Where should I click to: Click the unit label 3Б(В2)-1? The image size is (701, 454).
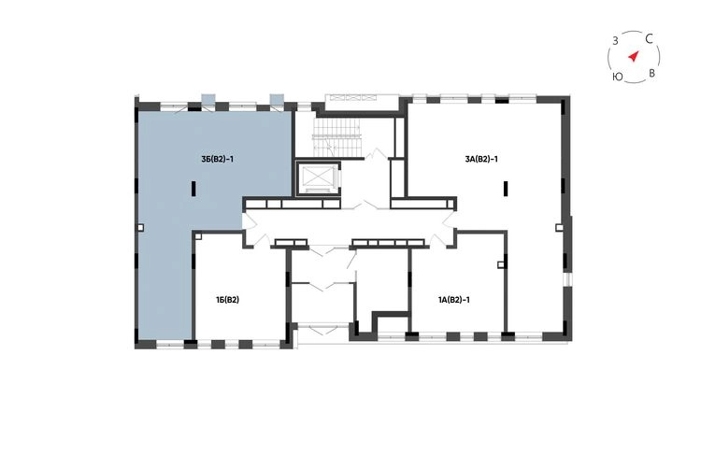coord(217,159)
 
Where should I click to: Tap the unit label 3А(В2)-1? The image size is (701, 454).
coord(481,159)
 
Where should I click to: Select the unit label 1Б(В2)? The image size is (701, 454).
coord(227,300)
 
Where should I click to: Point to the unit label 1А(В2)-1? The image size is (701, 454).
coord(453,300)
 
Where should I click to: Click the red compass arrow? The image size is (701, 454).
coord(633,56)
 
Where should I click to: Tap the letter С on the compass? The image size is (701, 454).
coord(650,39)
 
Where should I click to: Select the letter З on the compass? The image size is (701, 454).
coord(615,41)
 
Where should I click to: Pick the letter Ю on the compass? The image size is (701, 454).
coord(618,77)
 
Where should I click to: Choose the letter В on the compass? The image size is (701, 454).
coord(651,73)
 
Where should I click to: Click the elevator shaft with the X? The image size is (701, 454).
coord(318,178)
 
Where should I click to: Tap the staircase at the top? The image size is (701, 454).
coord(337,139)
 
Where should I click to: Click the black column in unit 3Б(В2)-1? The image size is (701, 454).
coord(193,188)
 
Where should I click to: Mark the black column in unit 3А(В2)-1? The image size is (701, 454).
coord(506,188)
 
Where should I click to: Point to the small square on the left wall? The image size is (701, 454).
coord(141,228)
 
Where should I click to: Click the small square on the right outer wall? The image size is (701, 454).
coord(559,227)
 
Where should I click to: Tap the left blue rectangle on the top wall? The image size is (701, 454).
coord(208,99)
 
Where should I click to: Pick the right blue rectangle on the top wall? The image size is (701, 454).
coord(278,99)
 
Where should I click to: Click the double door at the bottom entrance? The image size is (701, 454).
coord(322,330)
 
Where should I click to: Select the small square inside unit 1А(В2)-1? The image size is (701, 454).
coord(501,265)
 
